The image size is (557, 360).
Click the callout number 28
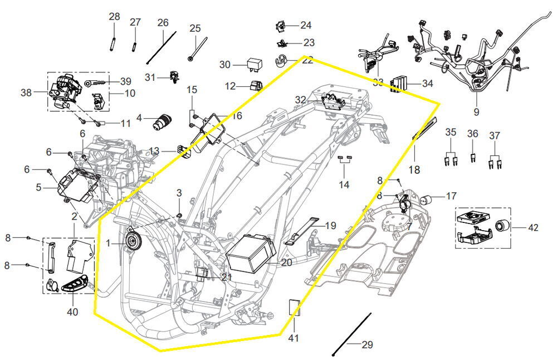(114, 17)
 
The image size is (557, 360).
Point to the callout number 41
(294, 338)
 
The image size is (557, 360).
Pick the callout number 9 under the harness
(476, 111)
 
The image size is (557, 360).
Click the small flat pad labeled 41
(294, 307)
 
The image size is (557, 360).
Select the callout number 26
(163, 23)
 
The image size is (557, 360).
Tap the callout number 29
(367, 345)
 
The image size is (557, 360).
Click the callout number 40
(72, 312)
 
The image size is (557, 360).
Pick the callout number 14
(345, 184)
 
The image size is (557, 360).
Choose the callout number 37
(495, 136)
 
